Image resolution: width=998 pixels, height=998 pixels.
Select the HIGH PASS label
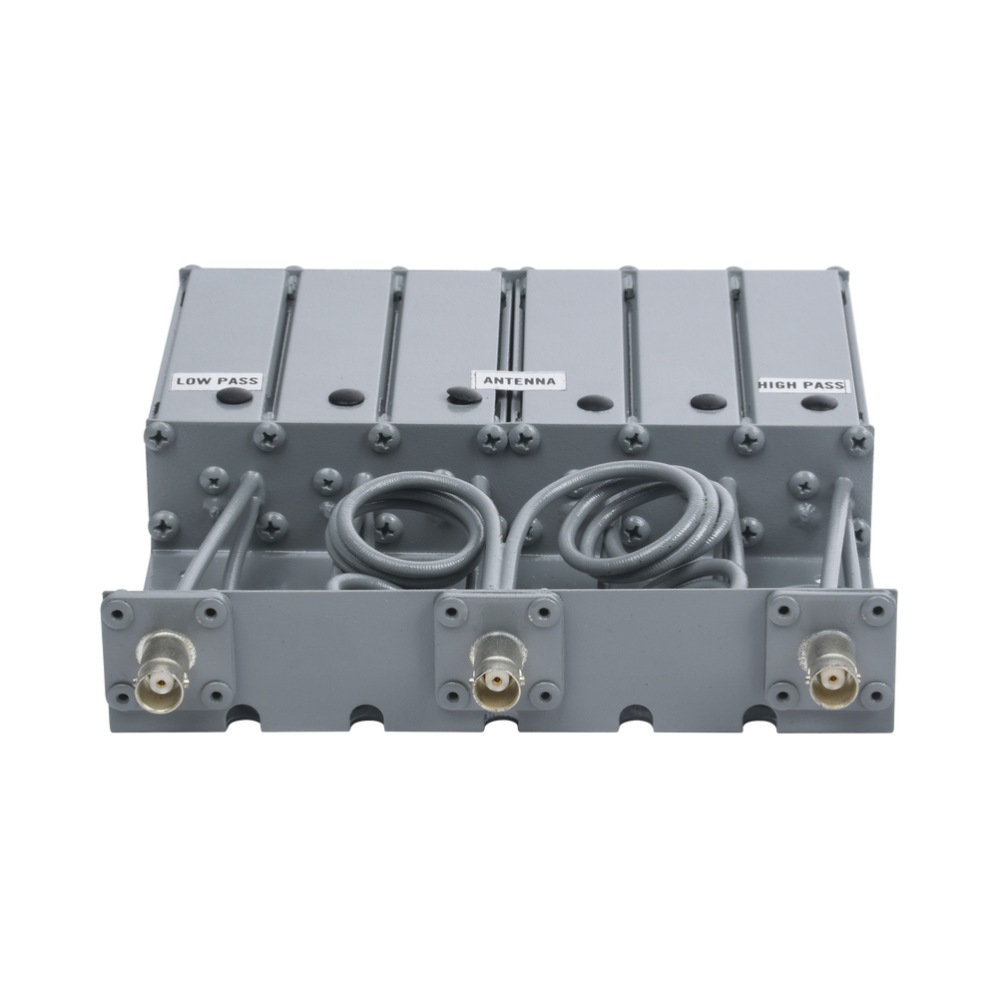[800, 384]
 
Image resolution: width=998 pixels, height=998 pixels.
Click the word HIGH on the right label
[777, 384]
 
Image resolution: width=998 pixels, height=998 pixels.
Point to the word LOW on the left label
[191, 380]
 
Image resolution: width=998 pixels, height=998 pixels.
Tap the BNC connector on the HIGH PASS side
[824, 682]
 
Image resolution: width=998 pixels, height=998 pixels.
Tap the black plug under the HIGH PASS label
[820, 402]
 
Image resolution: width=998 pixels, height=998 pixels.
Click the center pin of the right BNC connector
[824, 685]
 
